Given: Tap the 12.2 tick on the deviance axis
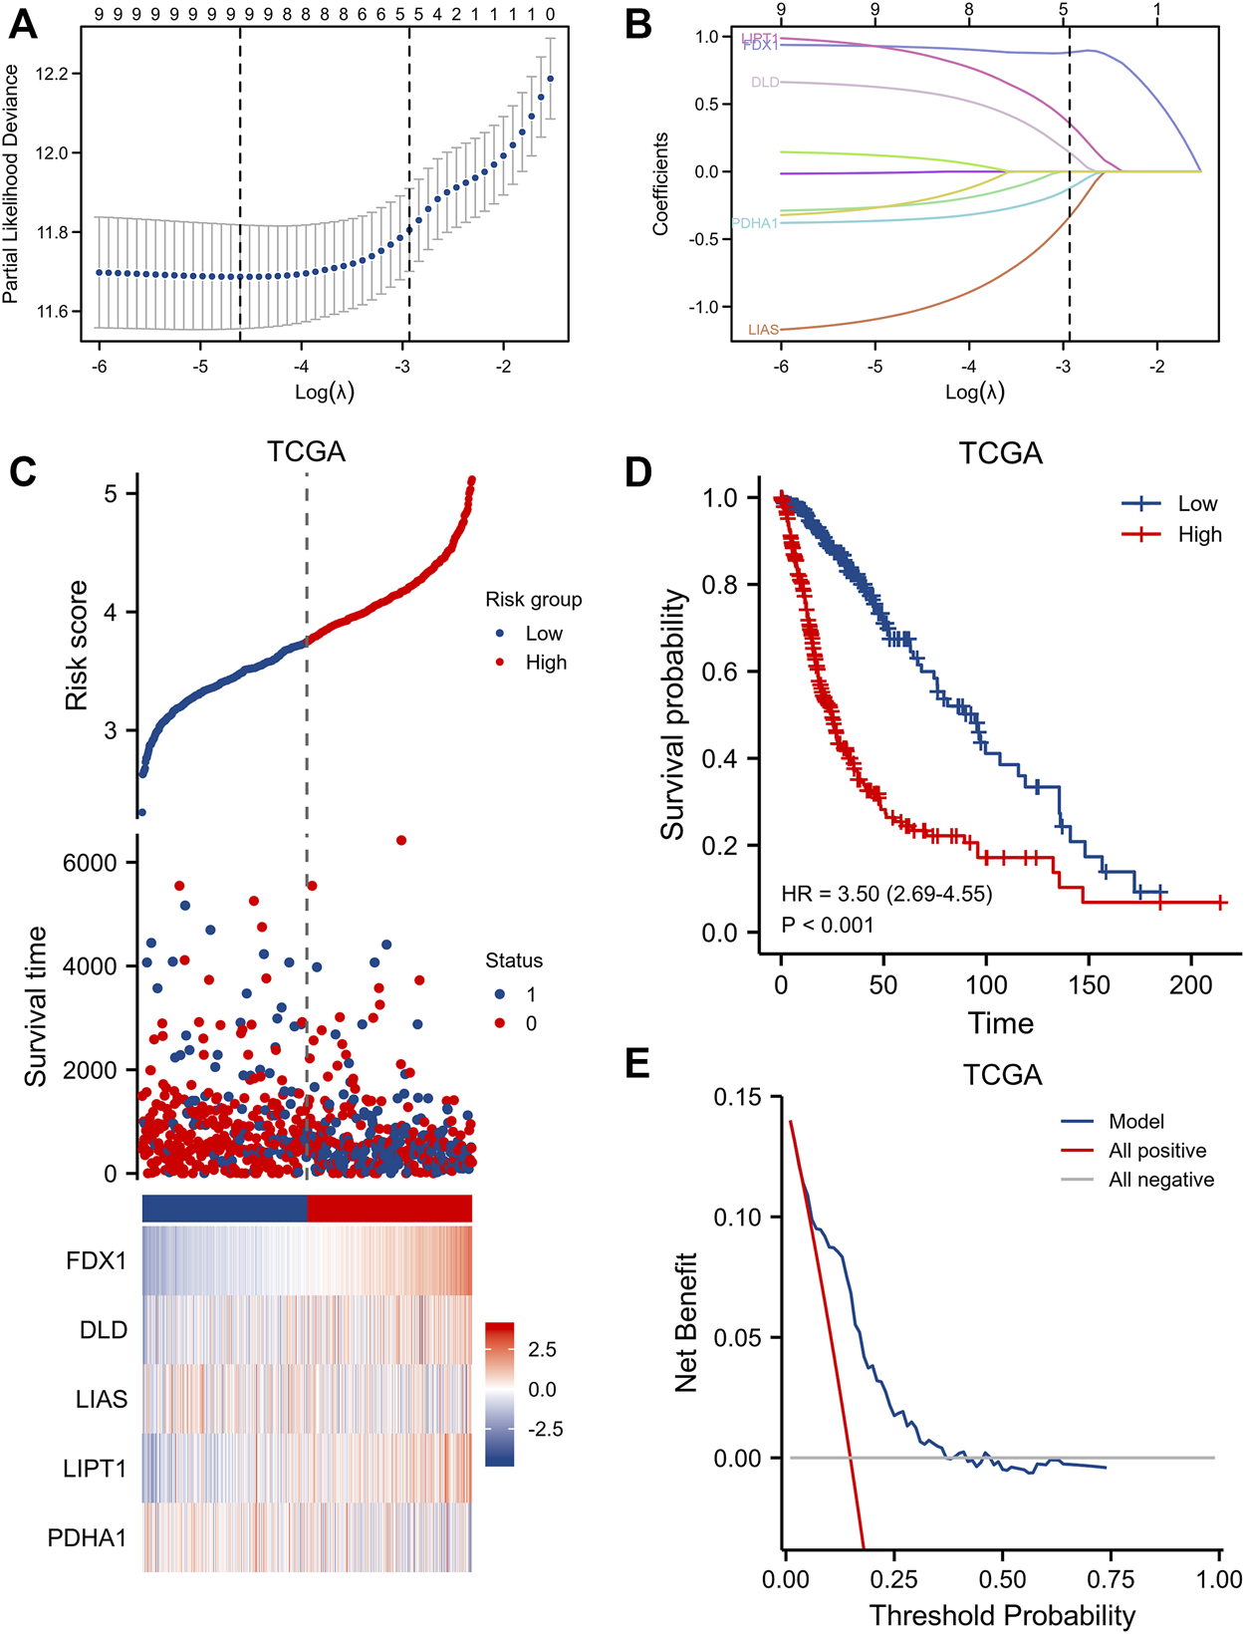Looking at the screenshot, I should pos(54,75).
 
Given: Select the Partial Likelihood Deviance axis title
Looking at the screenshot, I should pos(11,184).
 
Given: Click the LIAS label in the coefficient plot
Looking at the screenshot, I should pos(763,330).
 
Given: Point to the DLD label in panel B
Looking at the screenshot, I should pos(765,83).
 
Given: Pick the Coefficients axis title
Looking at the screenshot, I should pos(660,184).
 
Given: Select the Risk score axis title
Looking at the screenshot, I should pos(77,645).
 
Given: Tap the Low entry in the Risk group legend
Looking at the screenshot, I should pos(544,634).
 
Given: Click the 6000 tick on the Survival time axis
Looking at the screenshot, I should pos(90,863).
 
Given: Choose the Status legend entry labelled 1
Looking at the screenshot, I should pos(531,994).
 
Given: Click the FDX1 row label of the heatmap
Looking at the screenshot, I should pos(97,1260).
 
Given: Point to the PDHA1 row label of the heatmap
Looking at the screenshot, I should pos(88,1537).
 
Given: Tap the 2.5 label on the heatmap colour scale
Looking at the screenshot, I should pos(542,1349).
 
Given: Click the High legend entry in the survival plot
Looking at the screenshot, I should pos(1199,534).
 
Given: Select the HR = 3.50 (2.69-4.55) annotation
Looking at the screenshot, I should pos(886,894).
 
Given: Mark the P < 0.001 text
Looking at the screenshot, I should pos(828,925).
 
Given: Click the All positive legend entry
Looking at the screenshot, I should pos(1156,1151).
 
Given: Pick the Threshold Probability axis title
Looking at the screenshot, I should pos(1002,1615).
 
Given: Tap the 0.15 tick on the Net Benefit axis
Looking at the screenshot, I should pos(737,1097).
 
